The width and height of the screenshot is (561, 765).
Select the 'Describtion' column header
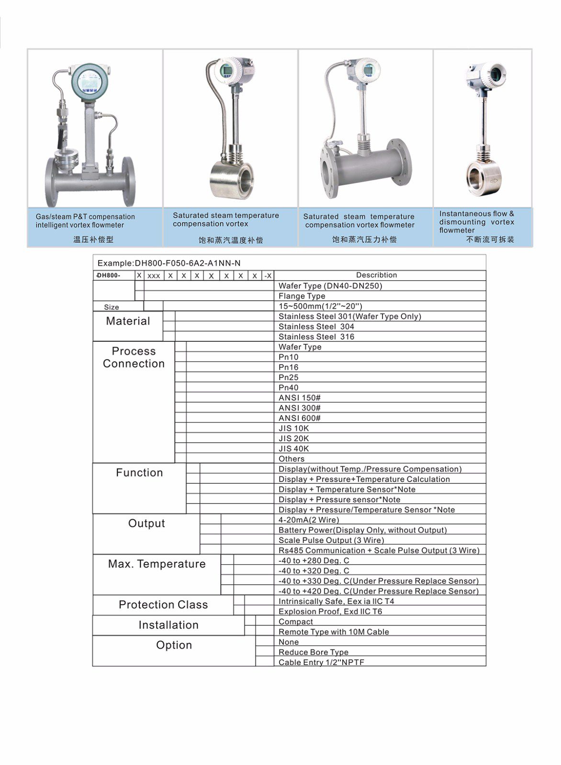click(376, 275)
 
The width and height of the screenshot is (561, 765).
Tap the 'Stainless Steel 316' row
click(316, 337)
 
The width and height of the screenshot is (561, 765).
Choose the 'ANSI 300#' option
click(300, 408)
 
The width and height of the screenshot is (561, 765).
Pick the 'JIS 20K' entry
click(294, 438)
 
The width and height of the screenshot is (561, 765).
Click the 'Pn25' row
click(289, 377)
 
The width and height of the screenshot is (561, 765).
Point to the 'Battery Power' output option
click(362, 530)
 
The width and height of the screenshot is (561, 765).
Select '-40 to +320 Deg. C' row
click(314, 571)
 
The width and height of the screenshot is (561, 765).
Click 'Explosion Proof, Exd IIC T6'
click(330, 612)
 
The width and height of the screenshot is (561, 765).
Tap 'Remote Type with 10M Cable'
click(334, 632)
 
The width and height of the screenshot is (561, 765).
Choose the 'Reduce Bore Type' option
click(314, 652)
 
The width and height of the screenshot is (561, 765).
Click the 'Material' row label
click(128, 321)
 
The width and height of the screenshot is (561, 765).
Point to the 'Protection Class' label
click(163, 605)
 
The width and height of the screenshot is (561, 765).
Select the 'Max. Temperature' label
click(157, 564)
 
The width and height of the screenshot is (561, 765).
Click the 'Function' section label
click(139, 473)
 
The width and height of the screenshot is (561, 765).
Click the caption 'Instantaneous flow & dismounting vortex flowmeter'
click(477, 222)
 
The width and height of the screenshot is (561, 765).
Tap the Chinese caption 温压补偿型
click(93, 239)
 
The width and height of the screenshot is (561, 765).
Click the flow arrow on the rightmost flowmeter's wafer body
click(495, 181)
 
